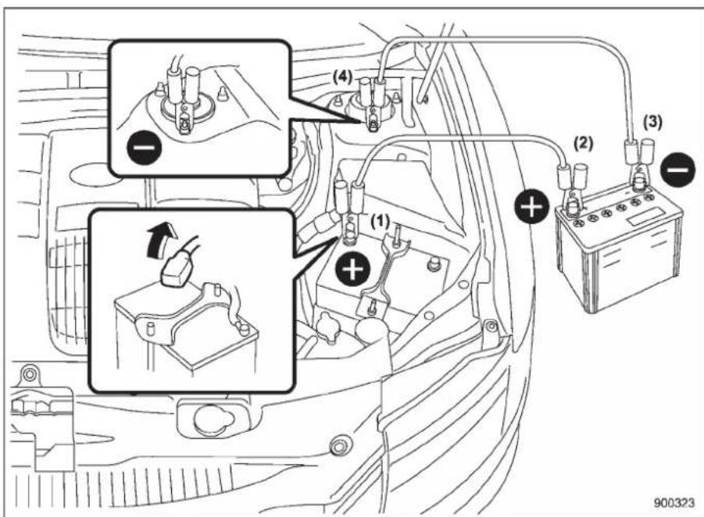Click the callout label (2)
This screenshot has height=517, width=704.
point(583,144)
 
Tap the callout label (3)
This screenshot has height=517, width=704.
point(652,123)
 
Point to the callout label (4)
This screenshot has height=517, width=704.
point(342,77)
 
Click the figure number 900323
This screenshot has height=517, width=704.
point(674,503)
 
